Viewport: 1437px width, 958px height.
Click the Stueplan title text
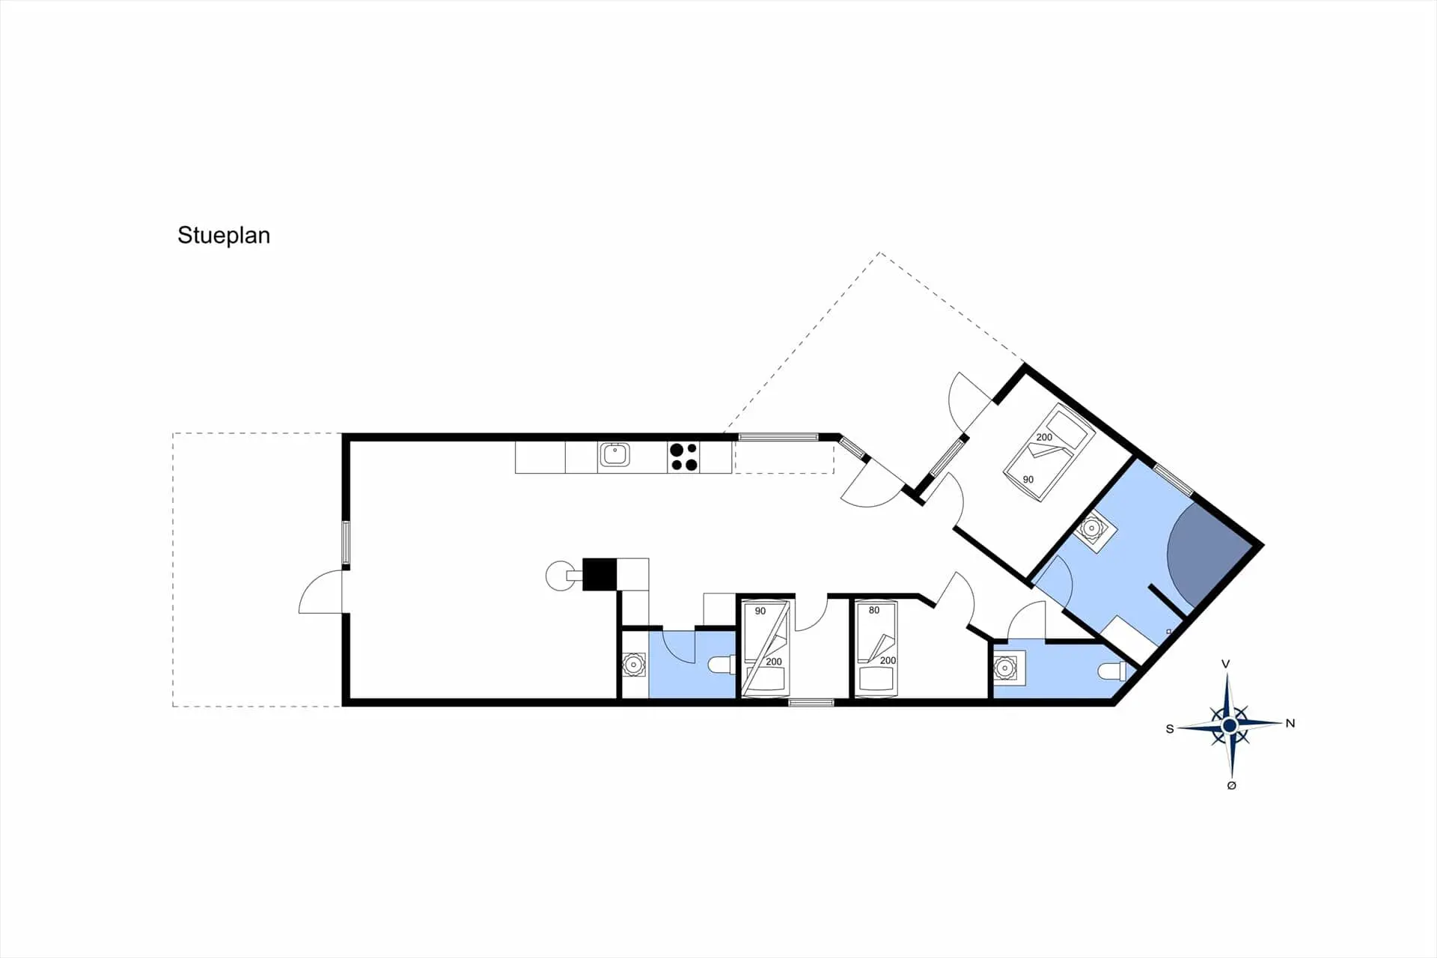tap(223, 235)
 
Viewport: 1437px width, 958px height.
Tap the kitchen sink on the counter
tap(614, 454)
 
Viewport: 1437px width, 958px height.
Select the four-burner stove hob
tap(684, 457)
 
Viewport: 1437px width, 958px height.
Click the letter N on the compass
tap(1290, 723)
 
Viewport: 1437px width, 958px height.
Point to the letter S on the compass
tap(1170, 729)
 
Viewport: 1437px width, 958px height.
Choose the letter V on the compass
tap(1225, 664)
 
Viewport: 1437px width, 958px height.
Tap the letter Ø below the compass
tap(1232, 785)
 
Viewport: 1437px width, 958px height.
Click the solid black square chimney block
tap(599, 574)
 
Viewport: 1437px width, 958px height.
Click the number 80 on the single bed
tap(874, 610)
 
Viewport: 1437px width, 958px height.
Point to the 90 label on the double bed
tap(1028, 479)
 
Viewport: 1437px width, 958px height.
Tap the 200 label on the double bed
tap(1044, 437)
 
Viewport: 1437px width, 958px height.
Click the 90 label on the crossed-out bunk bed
tap(760, 611)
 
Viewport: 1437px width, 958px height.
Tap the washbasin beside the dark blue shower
tap(1092, 529)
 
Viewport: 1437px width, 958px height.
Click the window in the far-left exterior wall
tap(346, 542)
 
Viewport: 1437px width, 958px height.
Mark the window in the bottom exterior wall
tap(811, 703)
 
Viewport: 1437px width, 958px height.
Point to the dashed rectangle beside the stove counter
tap(784, 457)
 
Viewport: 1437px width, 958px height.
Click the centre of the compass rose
tap(1229, 725)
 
